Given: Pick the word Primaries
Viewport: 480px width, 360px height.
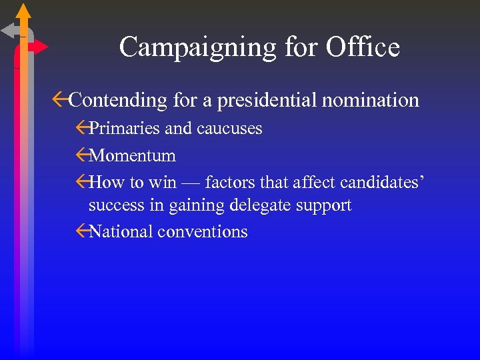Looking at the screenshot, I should click(125, 128).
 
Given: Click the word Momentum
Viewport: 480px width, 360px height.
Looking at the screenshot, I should click(132, 156).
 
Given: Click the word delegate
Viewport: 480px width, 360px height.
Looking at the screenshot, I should click(260, 205).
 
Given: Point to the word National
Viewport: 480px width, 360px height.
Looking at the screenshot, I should click(120, 231).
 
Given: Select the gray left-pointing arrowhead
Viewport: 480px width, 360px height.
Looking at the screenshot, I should click(9, 30).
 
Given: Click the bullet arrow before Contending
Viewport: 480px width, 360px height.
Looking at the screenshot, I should click(60, 100).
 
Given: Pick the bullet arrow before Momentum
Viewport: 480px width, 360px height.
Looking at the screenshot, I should click(83, 156).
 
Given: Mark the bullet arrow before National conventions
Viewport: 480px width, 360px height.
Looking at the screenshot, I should click(83, 231).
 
